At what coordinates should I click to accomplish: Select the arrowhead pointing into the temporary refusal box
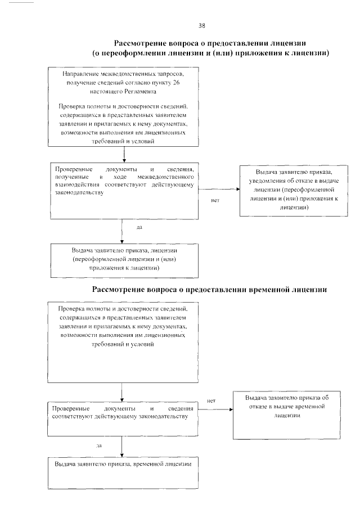231,409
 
